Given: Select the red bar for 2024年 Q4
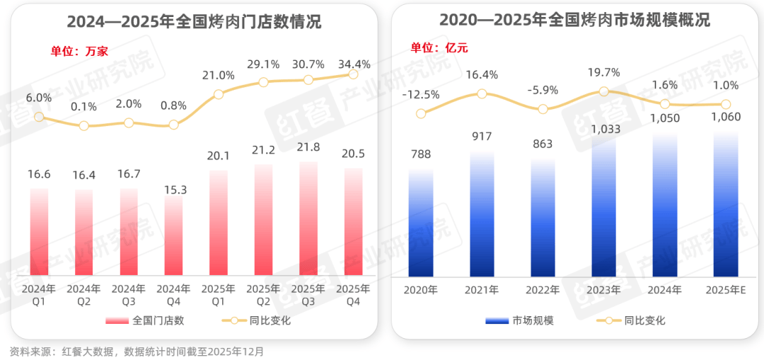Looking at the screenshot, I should click(x=173, y=236).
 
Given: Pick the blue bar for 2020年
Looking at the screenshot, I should click(x=421, y=223).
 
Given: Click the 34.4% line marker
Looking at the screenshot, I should click(x=354, y=74).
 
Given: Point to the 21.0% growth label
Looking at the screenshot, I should click(x=219, y=76).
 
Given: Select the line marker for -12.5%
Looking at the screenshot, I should click(x=421, y=112).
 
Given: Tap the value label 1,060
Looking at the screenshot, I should click(x=725, y=117).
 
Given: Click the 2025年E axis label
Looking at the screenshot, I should click(x=725, y=290).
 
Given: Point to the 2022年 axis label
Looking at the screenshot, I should click(x=543, y=290).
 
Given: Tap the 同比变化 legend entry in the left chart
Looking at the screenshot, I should click(x=258, y=320).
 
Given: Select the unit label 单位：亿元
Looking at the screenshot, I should click(x=439, y=48).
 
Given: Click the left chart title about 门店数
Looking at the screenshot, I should click(x=194, y=21).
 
